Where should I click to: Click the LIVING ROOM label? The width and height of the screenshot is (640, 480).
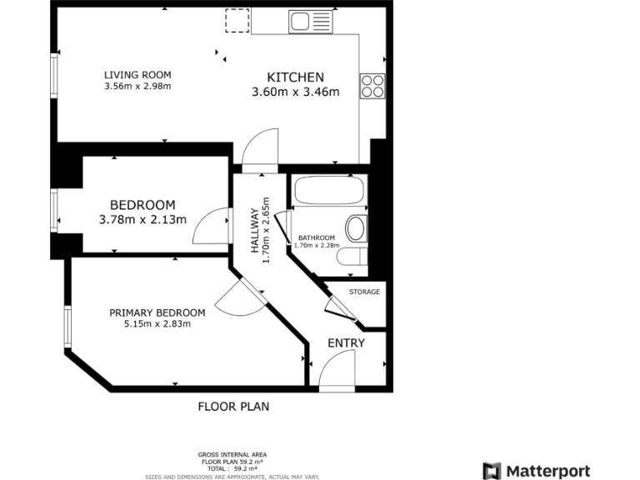tap(137, 73)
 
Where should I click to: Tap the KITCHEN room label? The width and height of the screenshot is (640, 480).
tap(295, 77)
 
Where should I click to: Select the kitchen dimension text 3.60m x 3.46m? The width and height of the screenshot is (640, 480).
tap(295, 92)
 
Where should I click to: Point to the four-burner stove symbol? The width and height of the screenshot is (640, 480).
tap(372, 86)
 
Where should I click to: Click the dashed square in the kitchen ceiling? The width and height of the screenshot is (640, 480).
tap(237, 21)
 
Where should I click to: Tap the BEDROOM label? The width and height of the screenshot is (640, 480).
tap(142, 205)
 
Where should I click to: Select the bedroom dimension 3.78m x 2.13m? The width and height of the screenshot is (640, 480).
tap(142, 220)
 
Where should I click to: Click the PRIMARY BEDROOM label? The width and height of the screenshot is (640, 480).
tap(157, 312)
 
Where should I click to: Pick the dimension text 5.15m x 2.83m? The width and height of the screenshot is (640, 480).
tap(157, 324)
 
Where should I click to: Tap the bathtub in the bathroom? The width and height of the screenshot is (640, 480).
tap(329, 192)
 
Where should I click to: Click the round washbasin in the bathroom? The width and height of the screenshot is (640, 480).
tap(357, 229)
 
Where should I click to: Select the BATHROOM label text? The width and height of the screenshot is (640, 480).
tap(317, 237)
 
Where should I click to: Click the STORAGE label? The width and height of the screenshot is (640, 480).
tap(364, 292)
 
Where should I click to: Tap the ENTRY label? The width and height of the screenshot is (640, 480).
tap(346, 343)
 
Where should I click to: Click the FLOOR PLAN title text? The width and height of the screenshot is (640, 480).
tap(233, 407)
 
